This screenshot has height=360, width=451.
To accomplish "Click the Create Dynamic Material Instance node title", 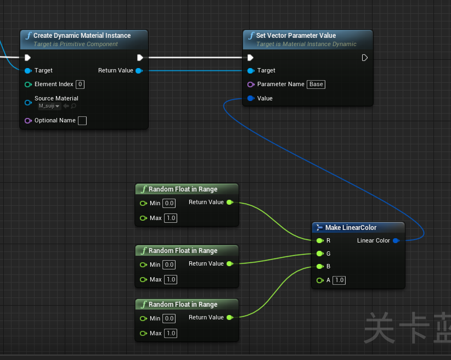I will click(82, 36).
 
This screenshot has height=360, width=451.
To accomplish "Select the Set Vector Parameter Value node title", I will click(296, 36).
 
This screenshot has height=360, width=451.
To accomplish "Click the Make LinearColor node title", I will click(351, 228).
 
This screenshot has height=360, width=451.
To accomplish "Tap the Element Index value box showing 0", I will click(80, 85).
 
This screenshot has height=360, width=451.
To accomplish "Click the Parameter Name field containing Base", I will click(316, 85).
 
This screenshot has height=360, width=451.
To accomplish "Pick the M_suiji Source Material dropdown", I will click(49, 106).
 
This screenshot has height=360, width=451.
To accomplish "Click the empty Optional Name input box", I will click(82, 121).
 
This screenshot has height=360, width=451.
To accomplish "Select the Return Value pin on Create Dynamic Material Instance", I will click(139, 71).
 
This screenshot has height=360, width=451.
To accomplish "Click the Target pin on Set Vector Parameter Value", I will click(251, 71).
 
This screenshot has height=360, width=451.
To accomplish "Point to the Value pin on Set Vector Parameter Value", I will click(251, 99).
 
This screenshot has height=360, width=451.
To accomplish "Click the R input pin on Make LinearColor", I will click(319, 241).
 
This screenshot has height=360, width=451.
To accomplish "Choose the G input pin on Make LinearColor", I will click(319, 254).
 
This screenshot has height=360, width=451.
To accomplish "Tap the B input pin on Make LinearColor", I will click(319, 267).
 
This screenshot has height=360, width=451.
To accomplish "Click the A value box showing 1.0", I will click(339, 280).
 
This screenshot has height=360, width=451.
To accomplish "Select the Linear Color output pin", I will click(396, 241).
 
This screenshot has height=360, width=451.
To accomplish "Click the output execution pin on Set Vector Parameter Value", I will click(365, 58).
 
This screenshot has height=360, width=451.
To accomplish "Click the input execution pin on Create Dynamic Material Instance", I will click(28, 58).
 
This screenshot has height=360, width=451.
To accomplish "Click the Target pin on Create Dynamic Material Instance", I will click(28, 71).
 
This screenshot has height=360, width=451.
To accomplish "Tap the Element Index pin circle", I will click(28, 85).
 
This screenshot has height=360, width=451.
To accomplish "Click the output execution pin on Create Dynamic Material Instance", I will click(140, 58).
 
